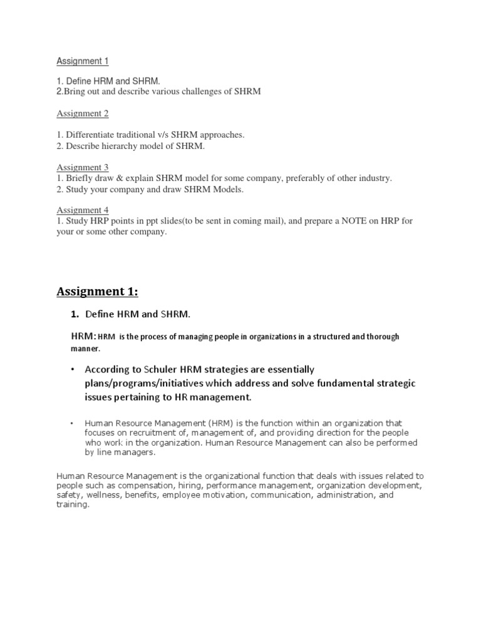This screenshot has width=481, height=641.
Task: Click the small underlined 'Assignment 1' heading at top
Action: [x=83, y=61]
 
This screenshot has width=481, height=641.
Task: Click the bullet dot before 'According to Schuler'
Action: [x=73, y=369]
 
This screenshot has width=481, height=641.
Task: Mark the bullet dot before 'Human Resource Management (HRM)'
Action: [x=73, y=423]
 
